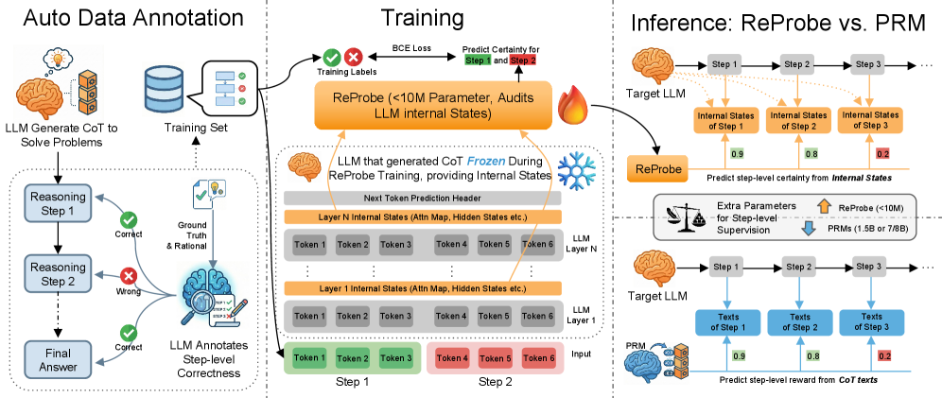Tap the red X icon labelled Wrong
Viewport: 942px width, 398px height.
pyautogui.click(x=130, y=276)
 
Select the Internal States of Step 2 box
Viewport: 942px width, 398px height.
pyautogui.click(x=799, y=120)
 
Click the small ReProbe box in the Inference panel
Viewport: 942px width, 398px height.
pyautogui.click(x=656, y=168)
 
